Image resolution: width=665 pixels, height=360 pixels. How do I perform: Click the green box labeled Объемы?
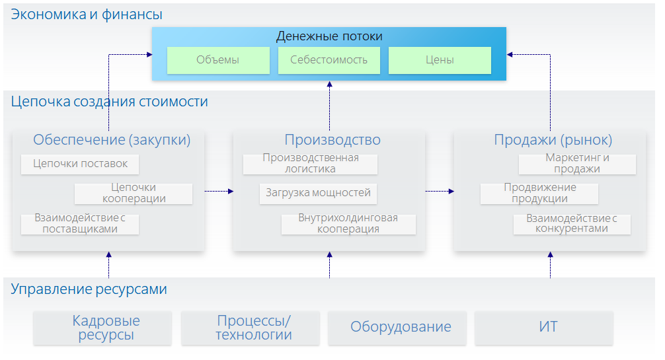tap(218, 60)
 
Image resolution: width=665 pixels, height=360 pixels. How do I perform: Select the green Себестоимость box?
tap(329, 60)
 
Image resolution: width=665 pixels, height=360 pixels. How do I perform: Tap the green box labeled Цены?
tap(440, 60)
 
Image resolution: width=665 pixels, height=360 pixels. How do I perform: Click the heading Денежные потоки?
tap(329, 36)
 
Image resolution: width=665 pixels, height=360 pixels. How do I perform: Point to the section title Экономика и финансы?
tap(87, 14)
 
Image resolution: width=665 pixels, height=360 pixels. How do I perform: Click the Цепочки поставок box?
tap(80, 164)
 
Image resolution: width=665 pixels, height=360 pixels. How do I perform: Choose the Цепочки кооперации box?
tap(134, 193)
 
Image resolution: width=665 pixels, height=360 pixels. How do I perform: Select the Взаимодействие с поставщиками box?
tap(80, 224)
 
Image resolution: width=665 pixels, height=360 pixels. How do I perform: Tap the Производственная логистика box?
tap(310, 164)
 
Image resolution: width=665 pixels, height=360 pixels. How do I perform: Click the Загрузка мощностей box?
tap(318, 194)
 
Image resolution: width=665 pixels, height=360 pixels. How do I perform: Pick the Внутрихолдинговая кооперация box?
tap(348, 224)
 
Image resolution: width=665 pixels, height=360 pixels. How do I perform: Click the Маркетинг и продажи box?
tap(577, 164)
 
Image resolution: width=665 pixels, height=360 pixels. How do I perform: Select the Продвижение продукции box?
tap(539, 193)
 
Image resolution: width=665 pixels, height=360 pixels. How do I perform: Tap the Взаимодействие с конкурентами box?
tap(572, 224)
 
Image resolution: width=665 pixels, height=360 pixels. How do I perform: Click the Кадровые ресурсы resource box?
tap(102, 328)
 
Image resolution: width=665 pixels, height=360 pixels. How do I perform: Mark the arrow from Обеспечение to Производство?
tap(219, 192)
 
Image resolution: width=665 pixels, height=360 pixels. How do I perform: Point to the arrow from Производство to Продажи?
tap(440, 192)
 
